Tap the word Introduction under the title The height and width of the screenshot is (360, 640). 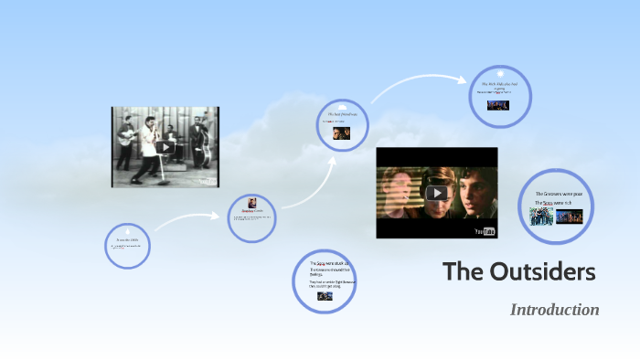(x=554, y=310)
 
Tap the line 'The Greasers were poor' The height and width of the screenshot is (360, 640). (x=559, y=196)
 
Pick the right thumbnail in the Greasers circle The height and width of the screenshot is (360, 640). (x=569, y=217)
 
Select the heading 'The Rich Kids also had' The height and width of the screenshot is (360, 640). (x=499, y=84)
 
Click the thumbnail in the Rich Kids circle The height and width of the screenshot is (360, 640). (x=499, y=104)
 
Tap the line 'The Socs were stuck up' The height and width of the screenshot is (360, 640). (x=325, y=263)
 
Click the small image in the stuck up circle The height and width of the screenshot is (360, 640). (x=324, y=296)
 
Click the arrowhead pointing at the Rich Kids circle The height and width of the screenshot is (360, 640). (x=464, y=78)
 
